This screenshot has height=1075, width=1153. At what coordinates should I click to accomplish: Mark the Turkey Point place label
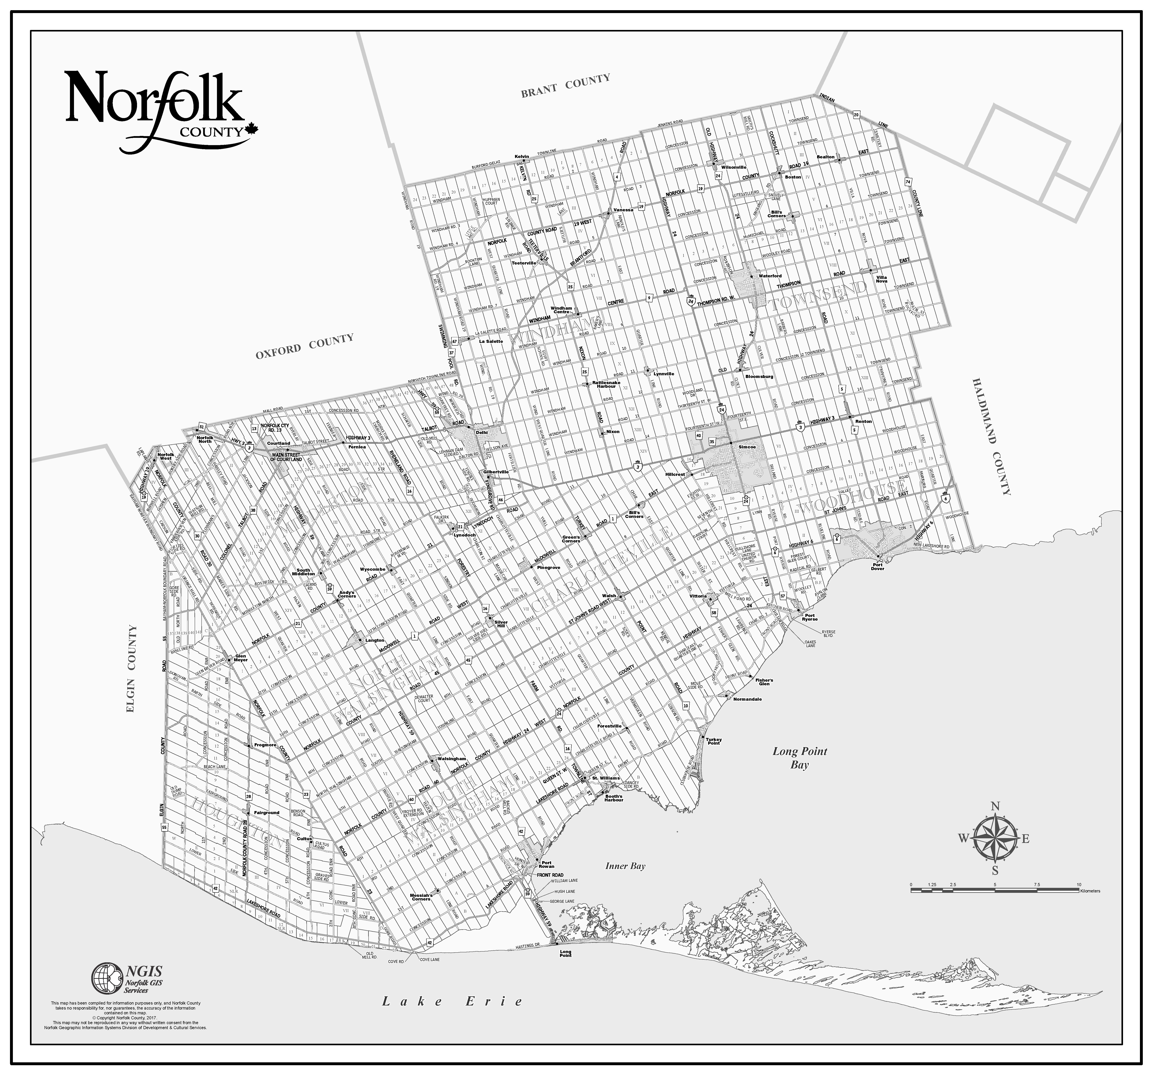(x=713, y=741)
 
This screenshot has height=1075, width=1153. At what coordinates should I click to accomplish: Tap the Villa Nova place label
(x=882, y=279)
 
